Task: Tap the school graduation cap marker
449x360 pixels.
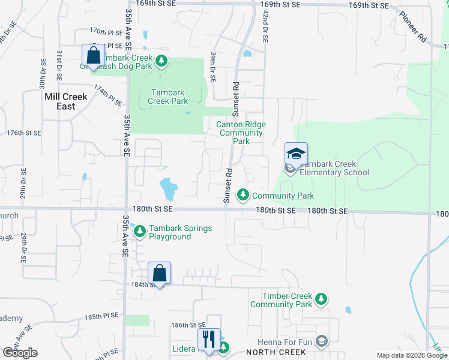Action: (x=296, y=154)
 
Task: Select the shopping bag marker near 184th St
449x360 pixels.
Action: (x=159, y=273)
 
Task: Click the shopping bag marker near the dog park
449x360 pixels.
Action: (x=93, y=55)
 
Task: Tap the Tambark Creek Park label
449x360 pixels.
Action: (x=168, y=97)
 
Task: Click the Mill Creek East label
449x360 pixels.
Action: (x=66, y=101)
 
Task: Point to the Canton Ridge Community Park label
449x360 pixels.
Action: (x=241, y=133)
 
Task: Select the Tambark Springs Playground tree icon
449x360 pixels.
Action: (x=140, y=230)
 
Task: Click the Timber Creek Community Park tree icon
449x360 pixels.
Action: (x=322, y=298)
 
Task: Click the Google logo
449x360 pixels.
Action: (x=20, y=353)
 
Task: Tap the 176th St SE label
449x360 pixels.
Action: (x=23, y=133)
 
